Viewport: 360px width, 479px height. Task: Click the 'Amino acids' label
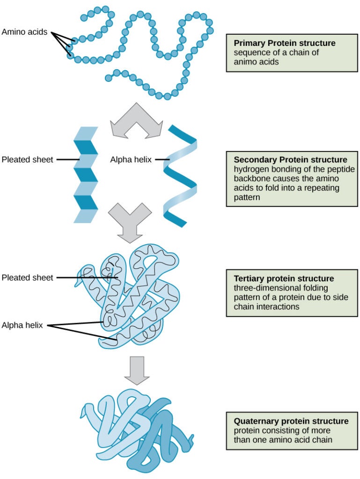point(24,32)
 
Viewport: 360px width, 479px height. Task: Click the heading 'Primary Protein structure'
point(285,43)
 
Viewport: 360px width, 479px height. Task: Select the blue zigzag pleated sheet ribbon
point(86,174)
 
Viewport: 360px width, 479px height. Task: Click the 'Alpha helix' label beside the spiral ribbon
point(131,159)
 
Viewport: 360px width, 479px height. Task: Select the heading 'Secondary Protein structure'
point(290,160)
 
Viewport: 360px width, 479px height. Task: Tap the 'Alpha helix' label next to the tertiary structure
point(22,325)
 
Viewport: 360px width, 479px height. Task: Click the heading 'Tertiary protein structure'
point(284,278)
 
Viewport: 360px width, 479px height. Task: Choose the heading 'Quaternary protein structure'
point(291,421)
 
